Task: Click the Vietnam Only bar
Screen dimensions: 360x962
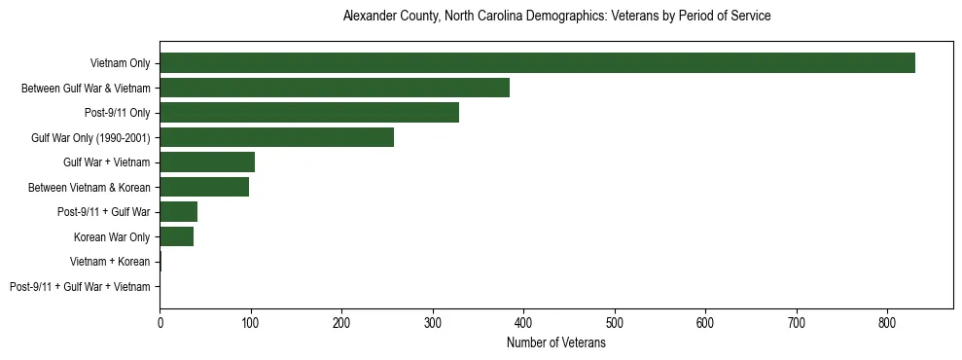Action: tap(537, 63)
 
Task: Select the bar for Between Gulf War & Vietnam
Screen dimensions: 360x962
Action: tap(335, 89)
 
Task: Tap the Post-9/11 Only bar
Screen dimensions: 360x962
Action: tap(309, 113)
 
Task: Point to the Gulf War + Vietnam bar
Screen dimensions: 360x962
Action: tap(207, 162)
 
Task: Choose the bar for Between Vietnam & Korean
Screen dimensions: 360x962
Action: tap(204, 187)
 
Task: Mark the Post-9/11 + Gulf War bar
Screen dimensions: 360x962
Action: tap(179, 212)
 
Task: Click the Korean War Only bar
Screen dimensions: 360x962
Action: tap(177, 236)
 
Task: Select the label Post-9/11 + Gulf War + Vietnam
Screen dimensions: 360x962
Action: tap(80, 287)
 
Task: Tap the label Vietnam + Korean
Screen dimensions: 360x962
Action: tap(110, 262)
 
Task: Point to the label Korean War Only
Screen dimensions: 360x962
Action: tap(112, 237)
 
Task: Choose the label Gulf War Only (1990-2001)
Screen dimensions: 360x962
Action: tap(90, 138)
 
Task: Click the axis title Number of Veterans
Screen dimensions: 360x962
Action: tap(556, 343)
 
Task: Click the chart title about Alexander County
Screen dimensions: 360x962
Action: tap(556, 17)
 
